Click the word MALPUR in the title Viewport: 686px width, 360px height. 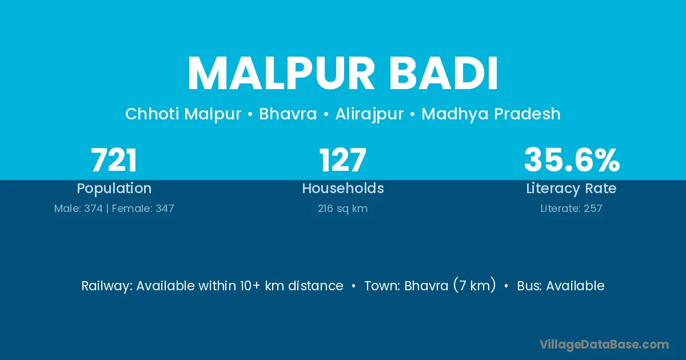[x=281, y=74]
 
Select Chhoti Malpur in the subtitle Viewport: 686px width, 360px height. [x=183, y=114]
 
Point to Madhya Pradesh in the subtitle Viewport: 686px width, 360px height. [x=491, y=114]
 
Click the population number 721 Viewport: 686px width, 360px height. [x=114, y=160]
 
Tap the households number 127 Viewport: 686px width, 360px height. [x=342, y=160]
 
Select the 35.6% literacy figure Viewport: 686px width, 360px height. [x=572, y=160]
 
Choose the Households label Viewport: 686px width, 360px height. [x=343, y=188]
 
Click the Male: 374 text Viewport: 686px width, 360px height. [x=78, y=209]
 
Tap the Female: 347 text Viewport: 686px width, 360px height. [x=143, y=209]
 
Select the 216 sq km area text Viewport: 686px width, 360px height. [x=342, y=209]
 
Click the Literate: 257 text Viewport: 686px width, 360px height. [x=572, y=209]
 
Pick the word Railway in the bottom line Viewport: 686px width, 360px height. [x=107, y=286]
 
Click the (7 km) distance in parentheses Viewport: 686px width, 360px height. [x=474, y=286]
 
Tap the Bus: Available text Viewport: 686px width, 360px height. [x=561, y=286]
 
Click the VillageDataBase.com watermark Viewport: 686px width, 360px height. [x=604, y=345]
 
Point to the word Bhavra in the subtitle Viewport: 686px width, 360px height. [x=288, y=114]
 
